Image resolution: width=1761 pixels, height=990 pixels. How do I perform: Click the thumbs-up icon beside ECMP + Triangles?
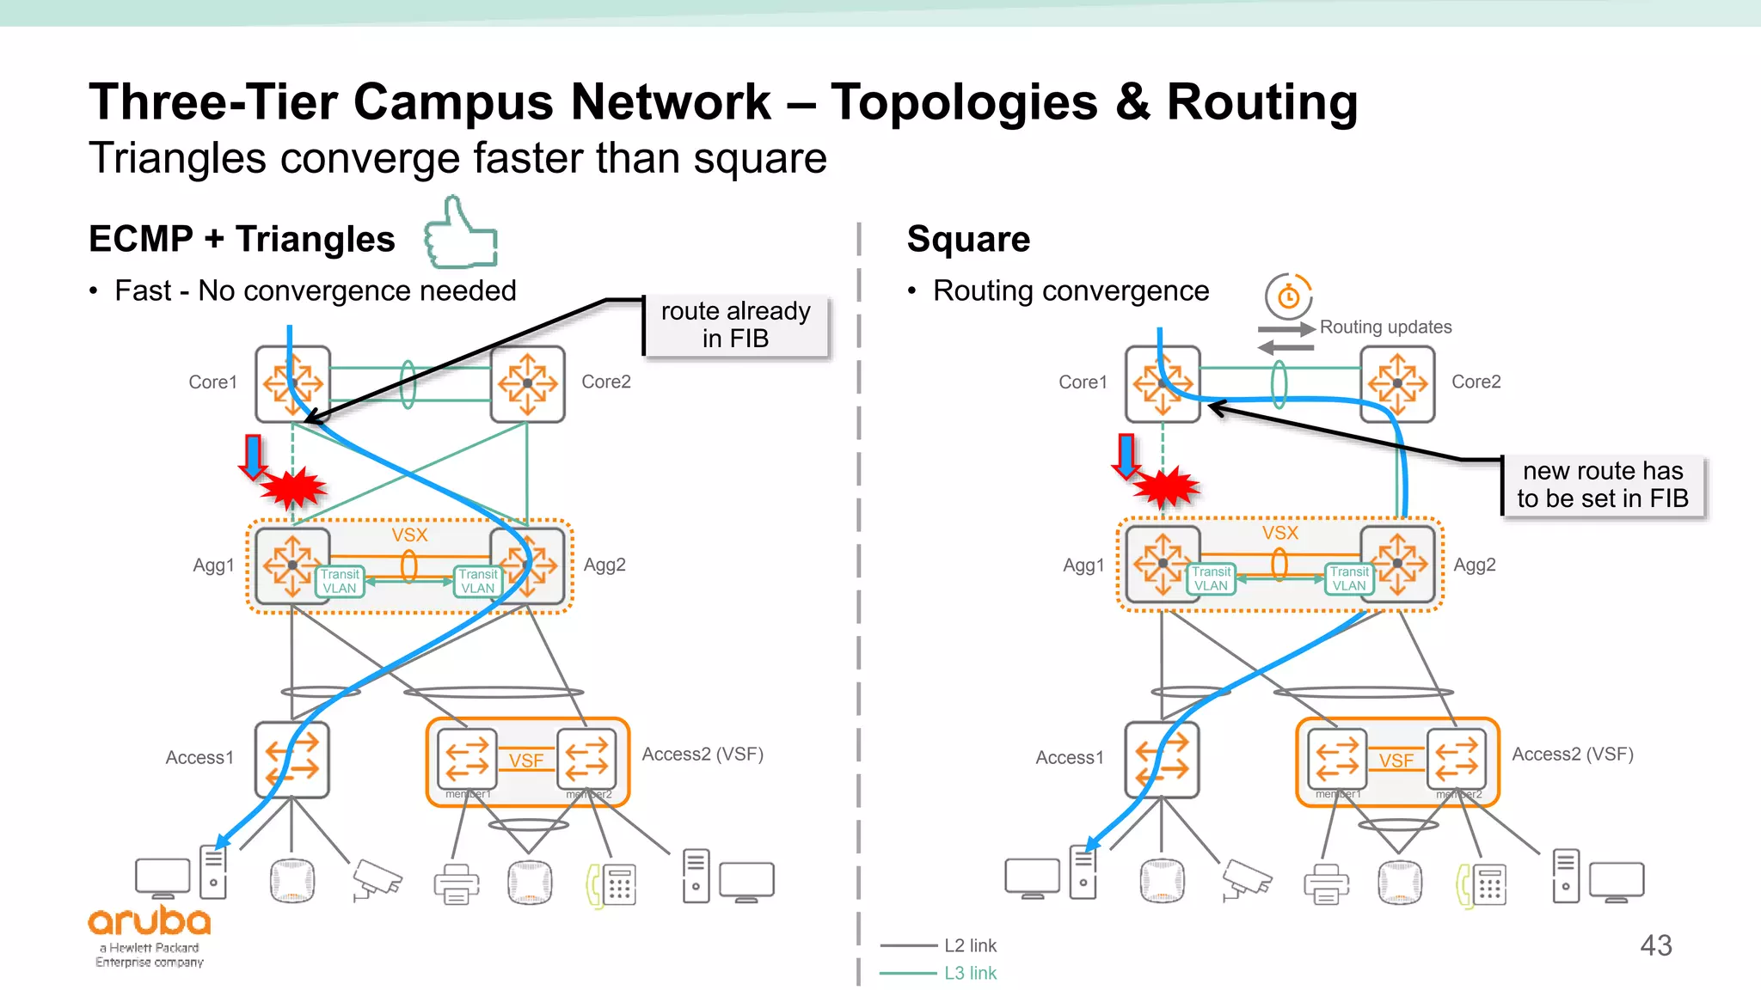pos(461,234)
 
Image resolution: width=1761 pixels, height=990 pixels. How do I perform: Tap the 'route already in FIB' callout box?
pos(736,325)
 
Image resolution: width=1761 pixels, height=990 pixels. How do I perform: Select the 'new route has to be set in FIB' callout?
pos(1603,486)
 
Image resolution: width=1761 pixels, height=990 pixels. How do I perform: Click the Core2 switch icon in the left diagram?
pos(527,383)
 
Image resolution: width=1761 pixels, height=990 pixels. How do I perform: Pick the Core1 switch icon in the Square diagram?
pos(1163,383)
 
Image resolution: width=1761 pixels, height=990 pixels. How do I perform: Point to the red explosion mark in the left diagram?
pos(293,488)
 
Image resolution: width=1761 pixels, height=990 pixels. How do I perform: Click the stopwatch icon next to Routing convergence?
pos(1288,296)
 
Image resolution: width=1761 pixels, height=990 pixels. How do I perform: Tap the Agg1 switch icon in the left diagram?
pos(292,565)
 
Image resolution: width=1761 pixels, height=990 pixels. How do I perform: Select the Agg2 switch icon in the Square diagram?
pos(1397,564)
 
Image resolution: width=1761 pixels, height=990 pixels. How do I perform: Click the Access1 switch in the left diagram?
pos(292,760)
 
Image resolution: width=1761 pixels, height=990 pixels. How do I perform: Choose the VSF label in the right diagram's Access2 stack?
pos(1396,761)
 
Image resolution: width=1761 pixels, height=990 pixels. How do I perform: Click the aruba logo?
pos(150,923)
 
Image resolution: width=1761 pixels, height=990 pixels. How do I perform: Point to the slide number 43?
pos(1655,945)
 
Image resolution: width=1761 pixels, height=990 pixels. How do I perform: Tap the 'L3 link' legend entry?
pos(970,973)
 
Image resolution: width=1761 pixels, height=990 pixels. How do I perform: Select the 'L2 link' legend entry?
pos(970,945)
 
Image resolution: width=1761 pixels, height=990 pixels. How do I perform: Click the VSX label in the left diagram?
pos(409,535)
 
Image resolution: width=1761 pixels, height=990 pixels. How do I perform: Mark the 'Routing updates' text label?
pos(1385,327)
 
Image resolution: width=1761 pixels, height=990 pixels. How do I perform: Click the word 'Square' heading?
pos(968,239)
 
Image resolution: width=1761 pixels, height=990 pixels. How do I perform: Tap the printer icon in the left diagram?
pos(457,883)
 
